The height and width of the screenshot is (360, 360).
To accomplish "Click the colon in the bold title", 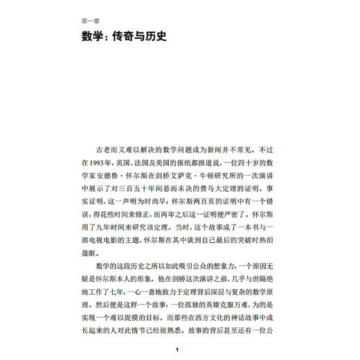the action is click(x=106, y=36).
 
